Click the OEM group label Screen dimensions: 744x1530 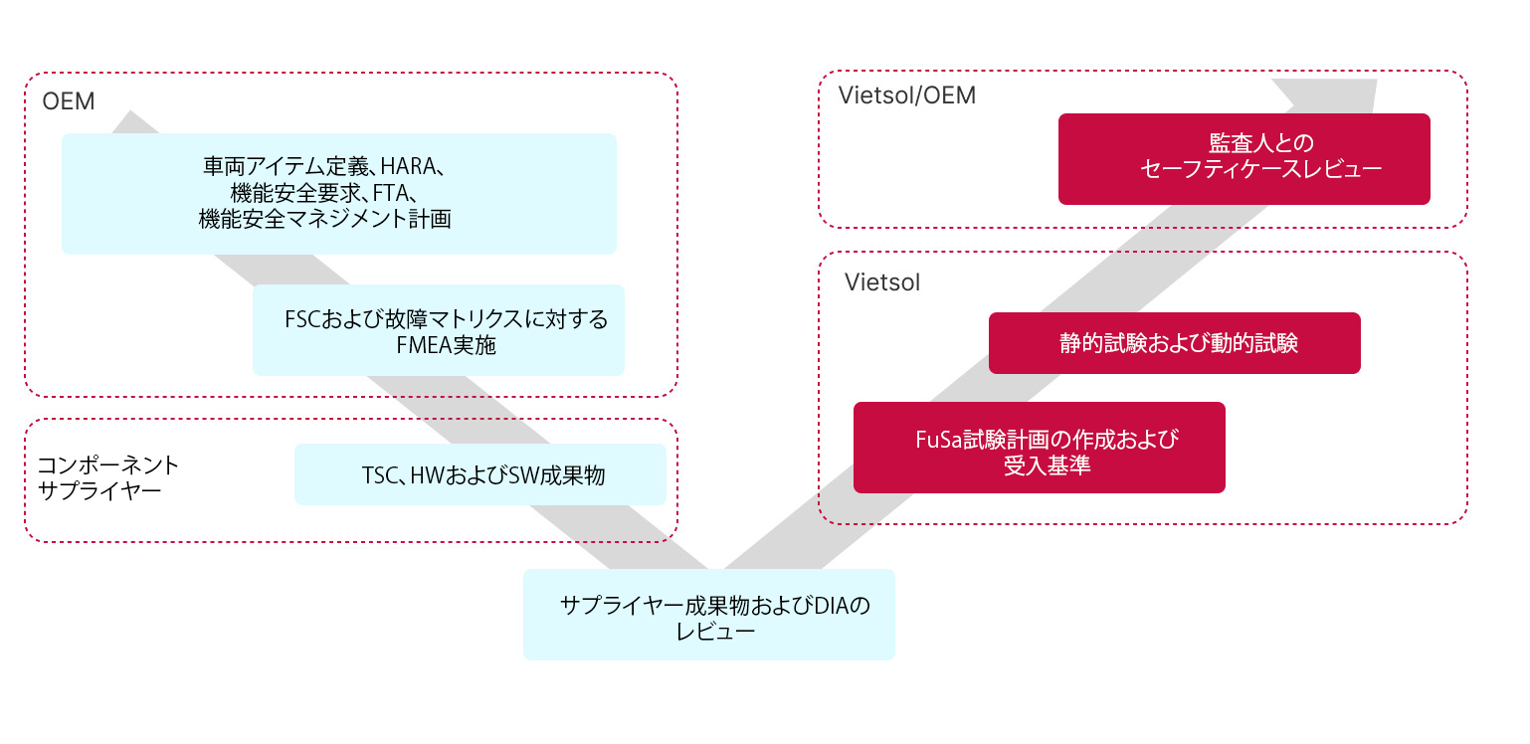pos(68,101)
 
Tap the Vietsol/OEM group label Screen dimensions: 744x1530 pos(906,95)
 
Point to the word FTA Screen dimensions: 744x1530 pos(395,193)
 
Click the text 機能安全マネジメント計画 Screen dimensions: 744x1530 pos(324,219)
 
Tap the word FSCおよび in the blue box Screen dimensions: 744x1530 pos(325,320)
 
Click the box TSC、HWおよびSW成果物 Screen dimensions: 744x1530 pos(479,474)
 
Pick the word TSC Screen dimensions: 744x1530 pos(380,475)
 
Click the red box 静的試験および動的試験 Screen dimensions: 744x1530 pos(1174,344)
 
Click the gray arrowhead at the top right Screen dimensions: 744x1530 pos(1334,95)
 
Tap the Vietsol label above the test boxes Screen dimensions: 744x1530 pos(882,282)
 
